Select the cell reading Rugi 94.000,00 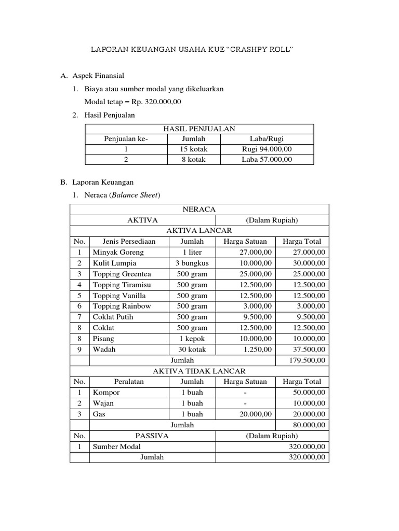(267, 149)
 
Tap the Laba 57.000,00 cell (267, 159)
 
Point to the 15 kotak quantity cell (193, 149)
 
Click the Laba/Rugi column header (267, 138)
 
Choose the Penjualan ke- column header (126, 138)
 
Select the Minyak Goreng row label (118, 252)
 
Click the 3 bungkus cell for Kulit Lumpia (192, 263)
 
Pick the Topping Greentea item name (122, 274)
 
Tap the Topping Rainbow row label (122, 306)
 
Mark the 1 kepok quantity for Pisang (192, 338)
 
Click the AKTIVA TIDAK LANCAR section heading (199, 371)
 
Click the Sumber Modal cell (116, 446)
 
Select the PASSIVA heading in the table (152, 436)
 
